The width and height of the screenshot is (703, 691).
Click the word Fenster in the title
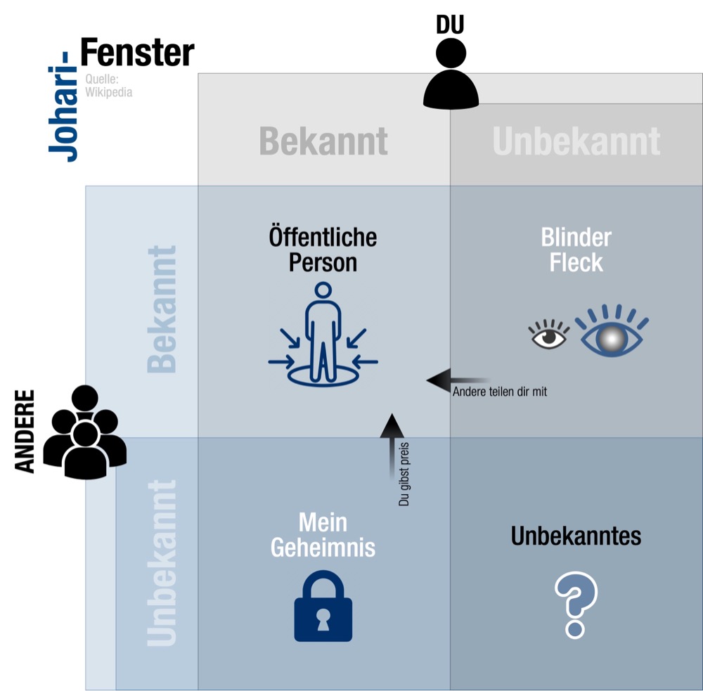point(137,53)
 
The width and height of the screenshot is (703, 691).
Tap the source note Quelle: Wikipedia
point(108,86)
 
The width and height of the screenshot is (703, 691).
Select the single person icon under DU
point(451,75)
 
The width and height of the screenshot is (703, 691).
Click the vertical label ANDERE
point(25,431)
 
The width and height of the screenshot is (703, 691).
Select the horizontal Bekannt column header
point(323,141)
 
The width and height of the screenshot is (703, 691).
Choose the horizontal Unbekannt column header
point(576,141)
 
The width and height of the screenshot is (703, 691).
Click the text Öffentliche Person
point(323,250)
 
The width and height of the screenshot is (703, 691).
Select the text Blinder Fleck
point(576,250)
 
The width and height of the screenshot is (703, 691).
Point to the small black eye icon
point(549,334)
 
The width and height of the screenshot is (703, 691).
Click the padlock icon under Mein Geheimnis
point(323,606)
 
